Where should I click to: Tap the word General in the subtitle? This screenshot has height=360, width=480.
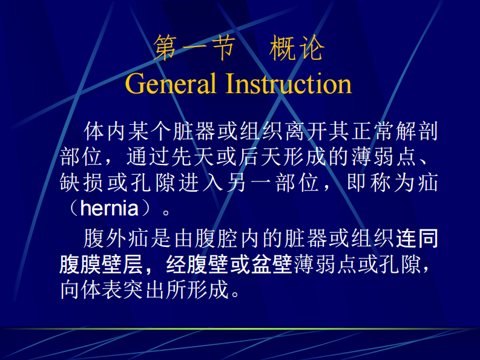click(170, 83)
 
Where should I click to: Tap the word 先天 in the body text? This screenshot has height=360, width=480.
click(183, 157)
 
